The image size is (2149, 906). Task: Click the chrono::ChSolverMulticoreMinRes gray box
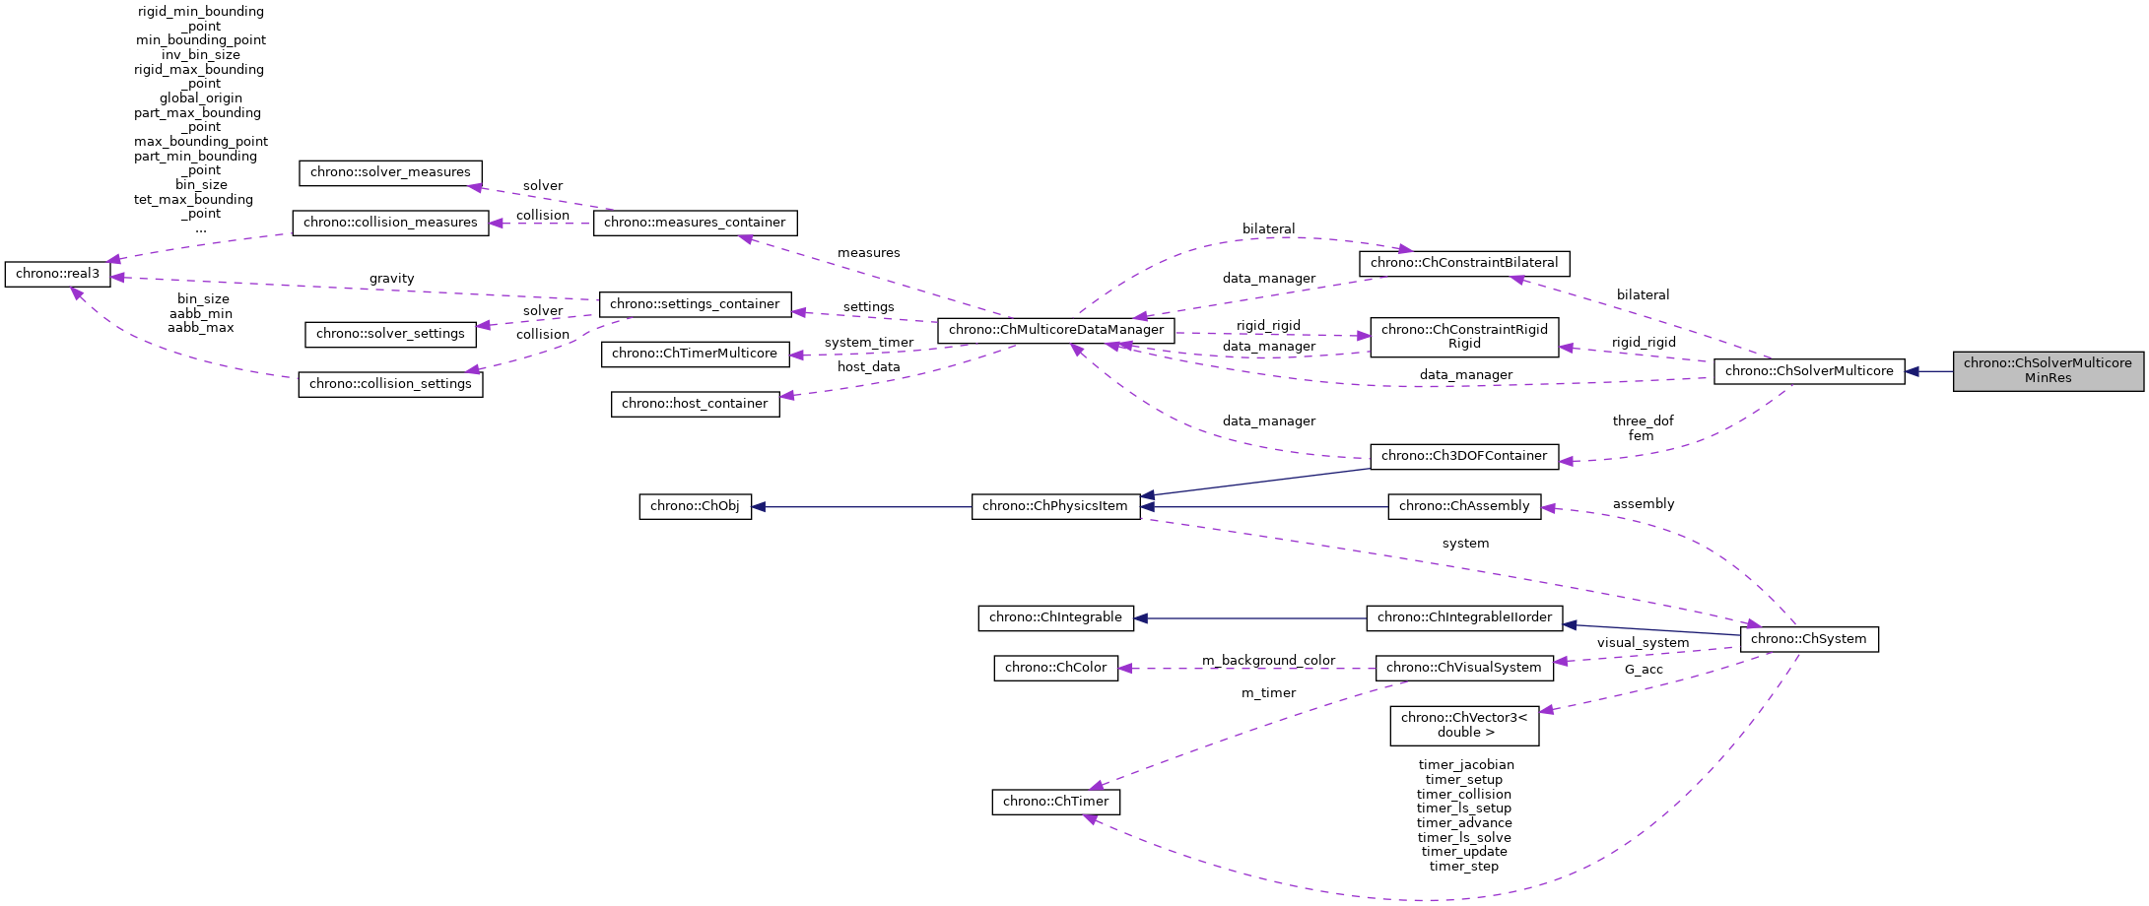pyautogui.click(x=2048, y=370)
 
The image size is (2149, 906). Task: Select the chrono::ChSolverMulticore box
pyautogui.click(x=1808, y=371)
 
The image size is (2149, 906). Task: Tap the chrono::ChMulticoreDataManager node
pyautogui.click(x=1055, y=330)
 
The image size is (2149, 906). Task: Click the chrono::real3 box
pyautogui.click(x=57, y=274)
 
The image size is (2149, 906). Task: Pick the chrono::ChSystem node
pyautogui.click(x=1808, y=639)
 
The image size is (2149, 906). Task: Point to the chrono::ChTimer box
pyautogui.click(x=1055, y=802)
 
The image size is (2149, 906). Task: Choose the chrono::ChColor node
pyautogui.click(x=1055, y=668)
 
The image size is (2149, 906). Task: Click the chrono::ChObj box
pyautogui.click(x=695, y=506)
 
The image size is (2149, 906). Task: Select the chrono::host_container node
pyautogui.click(x=695, y=404)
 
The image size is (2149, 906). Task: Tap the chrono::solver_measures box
pyautogui.click(x=390, y=172)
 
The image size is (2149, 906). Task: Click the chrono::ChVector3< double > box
pyautogui.click(x=1463, y=725)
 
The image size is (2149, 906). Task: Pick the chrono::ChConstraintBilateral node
pyautogui.click(x=1463, y=263)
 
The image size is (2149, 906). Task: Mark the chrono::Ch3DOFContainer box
pyautogui.click(x=1463, y=456)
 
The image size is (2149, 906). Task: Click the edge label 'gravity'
pyautogui.click(x=391, y=279)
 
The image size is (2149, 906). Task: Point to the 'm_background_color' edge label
pyautogui.click(x=1268, y=660)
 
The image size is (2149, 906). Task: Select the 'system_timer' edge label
pyautogui.click(x=868, y=343)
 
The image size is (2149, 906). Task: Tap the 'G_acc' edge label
pyautogui.click(x=1643, y=670)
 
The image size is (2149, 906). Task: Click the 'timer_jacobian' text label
pyautogui.click(x=1465, y=764)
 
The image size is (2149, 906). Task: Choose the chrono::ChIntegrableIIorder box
pyautogui.click(x=1463, y=617)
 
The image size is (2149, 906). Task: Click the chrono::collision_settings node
pyautogui.click(x=390, y=384)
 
